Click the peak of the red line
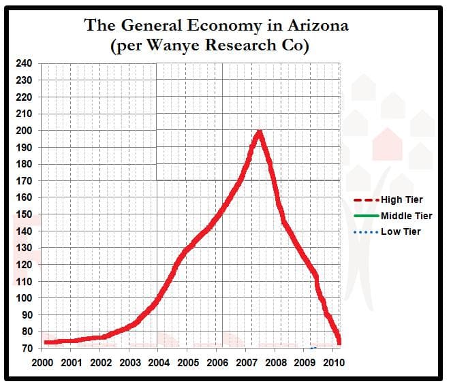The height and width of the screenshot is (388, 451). click(x=259, y=132)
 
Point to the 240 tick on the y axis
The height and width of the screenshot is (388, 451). click(x=23, y=63)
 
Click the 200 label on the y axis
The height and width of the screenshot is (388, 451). click(x=23, y=131)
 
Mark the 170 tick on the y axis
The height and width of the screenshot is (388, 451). click(x=23, y=180)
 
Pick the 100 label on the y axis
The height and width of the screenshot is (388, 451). click(x=23, y=298)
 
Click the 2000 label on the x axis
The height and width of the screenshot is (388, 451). click(x=42, y=362)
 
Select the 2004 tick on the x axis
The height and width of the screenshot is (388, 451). click(x=158, y=362)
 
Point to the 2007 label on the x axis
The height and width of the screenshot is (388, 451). click(x=246, y=362)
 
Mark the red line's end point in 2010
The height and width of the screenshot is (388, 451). click(x=339, y=340)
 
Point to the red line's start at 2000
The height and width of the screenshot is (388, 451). click(x=45, y=342)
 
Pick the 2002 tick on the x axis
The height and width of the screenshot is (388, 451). click(x=100, y=362)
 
